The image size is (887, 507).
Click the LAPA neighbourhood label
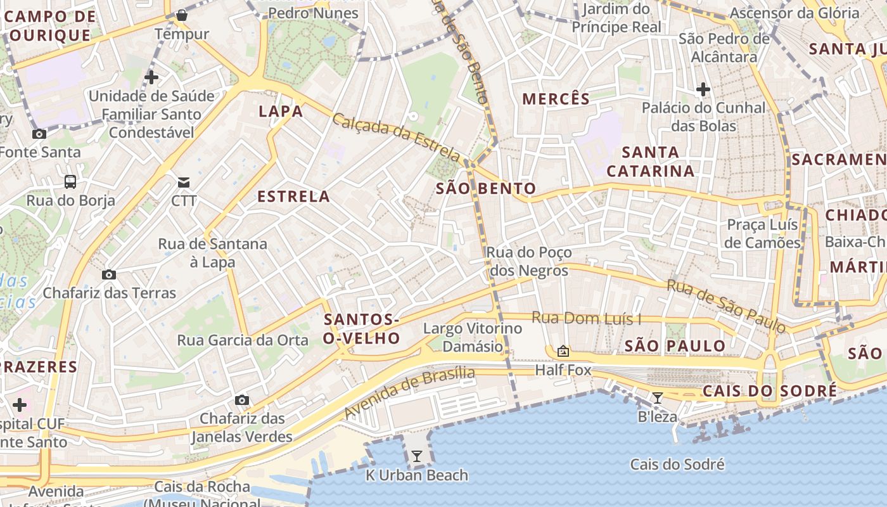click(281, 112)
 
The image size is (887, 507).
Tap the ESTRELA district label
click(293, 196)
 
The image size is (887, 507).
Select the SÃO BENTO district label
click(486, 188)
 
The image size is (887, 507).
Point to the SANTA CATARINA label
click(651, 162)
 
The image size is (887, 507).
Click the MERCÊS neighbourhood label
click(556, 99)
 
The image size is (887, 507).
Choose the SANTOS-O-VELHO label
click(361, 329)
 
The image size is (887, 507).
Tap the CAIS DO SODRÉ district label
click(769, 391)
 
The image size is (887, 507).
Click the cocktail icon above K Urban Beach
click(416, 456)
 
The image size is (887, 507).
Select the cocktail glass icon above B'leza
click(658, 398)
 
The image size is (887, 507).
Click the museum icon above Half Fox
click(563, 351)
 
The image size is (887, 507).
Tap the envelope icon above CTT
click(184, 183)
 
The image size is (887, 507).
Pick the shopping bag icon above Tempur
click(182, 15)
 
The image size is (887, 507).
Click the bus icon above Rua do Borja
click(70, 182)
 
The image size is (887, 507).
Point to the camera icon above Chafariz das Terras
click(109, 274)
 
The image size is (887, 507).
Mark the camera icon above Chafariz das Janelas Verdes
click(241, 400)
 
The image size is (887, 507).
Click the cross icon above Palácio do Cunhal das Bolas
click(703, 89)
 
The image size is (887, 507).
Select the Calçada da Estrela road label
click(397, 137)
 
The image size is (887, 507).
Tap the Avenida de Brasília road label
click(409, 392)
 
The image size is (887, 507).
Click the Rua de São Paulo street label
click(726, 306)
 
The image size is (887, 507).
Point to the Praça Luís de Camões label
click(763, 234)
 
